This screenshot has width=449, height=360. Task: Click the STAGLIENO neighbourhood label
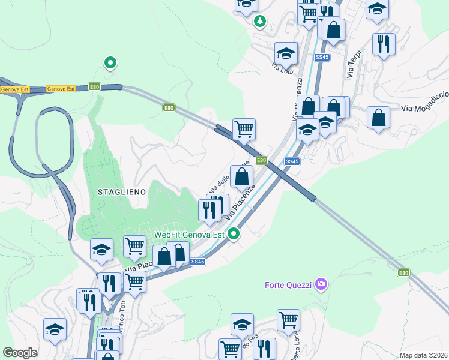(122, 191)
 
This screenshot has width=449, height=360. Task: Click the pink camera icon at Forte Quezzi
(322, 283)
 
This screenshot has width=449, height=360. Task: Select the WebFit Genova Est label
(188, 235)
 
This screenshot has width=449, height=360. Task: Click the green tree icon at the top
(260, 22)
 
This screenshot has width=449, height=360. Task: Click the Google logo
(20, 352)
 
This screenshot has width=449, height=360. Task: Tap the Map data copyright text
(423, 355)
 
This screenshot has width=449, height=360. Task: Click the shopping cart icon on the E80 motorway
(244, 128)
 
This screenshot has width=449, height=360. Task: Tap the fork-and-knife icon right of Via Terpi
(383, 43)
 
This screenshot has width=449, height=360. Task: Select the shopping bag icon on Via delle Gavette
(241, 176)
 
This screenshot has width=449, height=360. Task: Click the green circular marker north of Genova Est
(110, 62)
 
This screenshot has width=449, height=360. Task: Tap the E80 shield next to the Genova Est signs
(94, 87)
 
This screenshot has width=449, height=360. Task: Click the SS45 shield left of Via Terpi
(322, 57)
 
